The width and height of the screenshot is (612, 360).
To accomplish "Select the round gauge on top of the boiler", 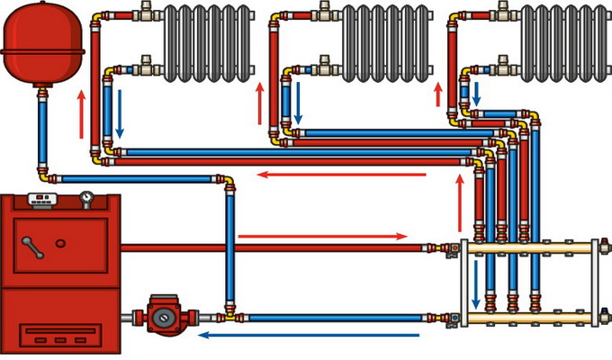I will pyautogui.click(x=85, y=196).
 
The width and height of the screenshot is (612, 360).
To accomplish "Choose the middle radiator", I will pyautogui.click(x=382, y=41).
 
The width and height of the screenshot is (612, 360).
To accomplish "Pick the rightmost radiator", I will pyautogui.click(x=562, y=41).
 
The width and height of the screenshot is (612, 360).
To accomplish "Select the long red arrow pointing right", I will pyautogui.click(x=324, y=237).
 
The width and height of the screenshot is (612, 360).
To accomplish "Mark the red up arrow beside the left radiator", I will pyautogui.click(x=83, y=113).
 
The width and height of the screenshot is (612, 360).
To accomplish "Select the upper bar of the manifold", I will pyautogui.click(x=531, y=246).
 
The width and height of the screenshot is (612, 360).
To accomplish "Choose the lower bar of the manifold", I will pyautogui.click(x=531, y=317).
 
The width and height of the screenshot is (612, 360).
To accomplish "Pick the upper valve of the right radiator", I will pyautogui.click(x=503, y=14).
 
